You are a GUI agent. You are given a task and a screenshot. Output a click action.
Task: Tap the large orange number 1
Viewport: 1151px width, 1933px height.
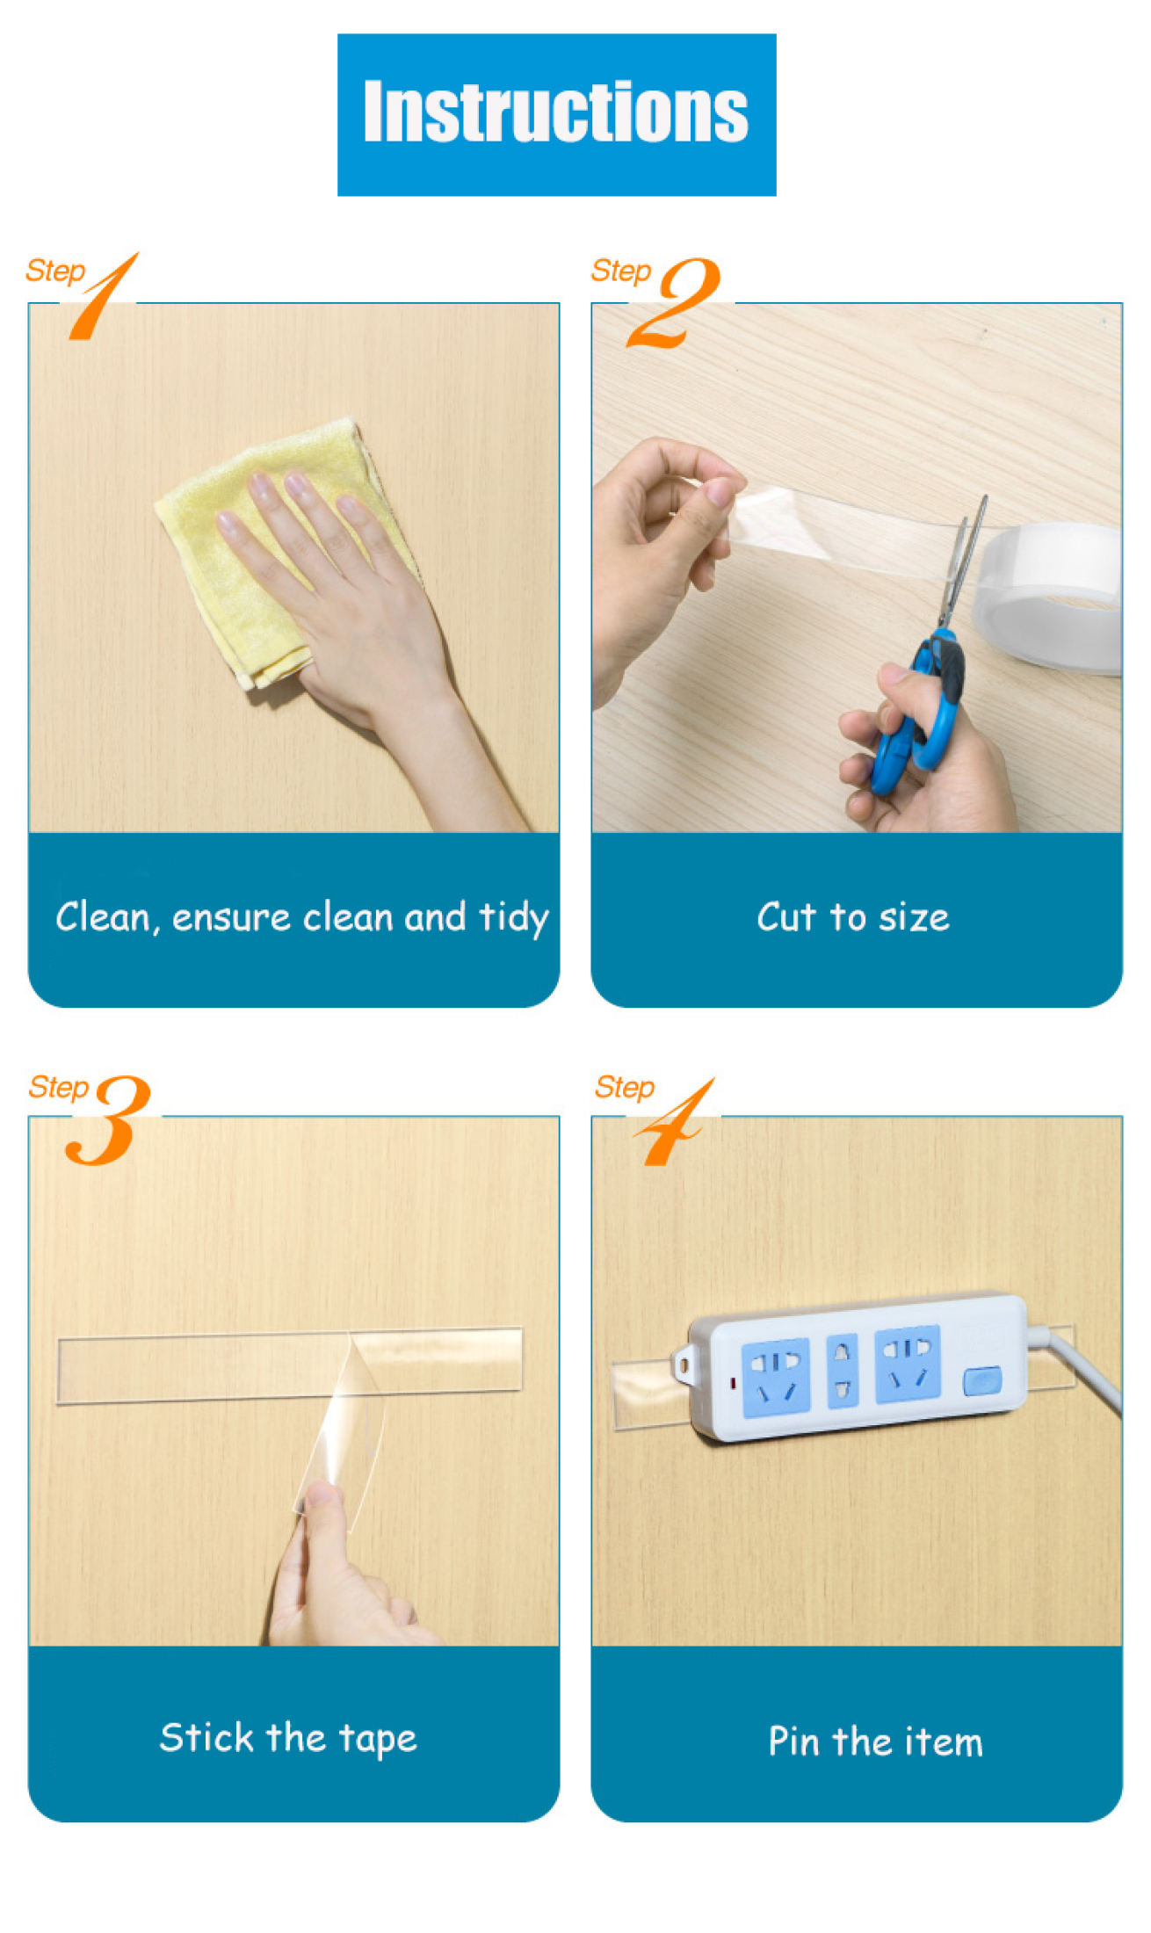(104, 296)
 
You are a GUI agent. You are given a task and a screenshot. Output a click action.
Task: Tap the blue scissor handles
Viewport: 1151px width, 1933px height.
(918, 712)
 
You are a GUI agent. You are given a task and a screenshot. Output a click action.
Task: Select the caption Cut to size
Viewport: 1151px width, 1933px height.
(853, 917)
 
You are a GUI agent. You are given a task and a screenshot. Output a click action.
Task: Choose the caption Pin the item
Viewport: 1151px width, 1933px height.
(875, 1741)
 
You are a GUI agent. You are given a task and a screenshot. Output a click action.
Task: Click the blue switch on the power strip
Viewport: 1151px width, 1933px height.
(981, 1380)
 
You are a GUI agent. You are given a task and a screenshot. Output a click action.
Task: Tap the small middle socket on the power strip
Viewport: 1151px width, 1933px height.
(843, 1371)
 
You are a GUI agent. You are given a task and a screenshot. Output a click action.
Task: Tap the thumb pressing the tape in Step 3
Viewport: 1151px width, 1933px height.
(321, 1529)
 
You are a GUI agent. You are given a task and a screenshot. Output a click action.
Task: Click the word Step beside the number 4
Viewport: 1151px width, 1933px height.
(625, 1088)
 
